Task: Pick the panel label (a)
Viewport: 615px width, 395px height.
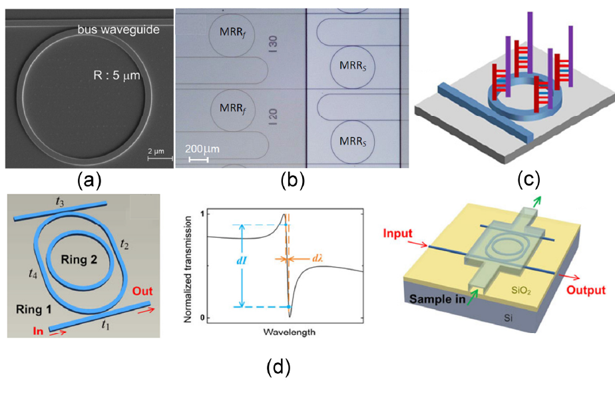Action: coord(90,180)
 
